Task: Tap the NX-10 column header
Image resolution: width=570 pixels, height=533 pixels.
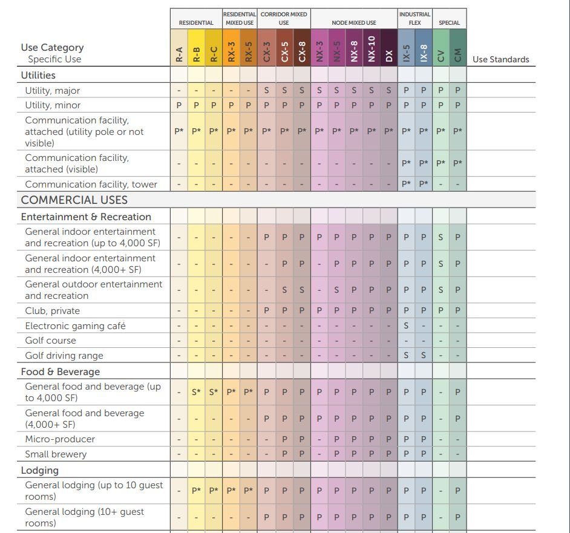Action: pyautogui.click(x=372, y=49)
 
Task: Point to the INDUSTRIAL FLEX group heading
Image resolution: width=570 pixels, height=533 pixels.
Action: pyautogui.click(x=414, y=18)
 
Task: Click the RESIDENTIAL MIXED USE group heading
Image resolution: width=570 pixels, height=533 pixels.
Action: pyautogui.click(x=240, y=18)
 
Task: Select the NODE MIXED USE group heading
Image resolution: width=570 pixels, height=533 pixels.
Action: pyautogui.click(x=354, y=23)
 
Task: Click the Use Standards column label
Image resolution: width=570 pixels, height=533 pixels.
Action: pyautogui.click(x=500, y=59)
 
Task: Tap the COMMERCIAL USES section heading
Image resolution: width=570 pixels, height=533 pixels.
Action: pyautogui.click(x=74, y=200)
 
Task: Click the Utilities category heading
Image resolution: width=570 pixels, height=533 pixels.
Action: pyautogui.click(x=38, y=75)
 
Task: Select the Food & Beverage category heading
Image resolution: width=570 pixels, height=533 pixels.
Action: pyautogui.click(x=61, y=371)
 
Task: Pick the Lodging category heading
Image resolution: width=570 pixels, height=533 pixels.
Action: pyautogui.click(x=40, y=470)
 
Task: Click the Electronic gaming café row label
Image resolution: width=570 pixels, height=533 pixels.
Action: pyautogui.click(x=75, y=325)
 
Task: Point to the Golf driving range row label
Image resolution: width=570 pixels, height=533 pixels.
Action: pyautogui.click(x=64, y=355)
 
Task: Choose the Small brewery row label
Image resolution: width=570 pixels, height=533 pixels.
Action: pyautogui.click(x=56, y=454)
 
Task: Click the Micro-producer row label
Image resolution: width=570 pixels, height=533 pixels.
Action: pyautogui.click(x=60, y=439)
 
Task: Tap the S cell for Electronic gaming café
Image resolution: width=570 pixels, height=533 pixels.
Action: pyautogui.click(x=406, y=325)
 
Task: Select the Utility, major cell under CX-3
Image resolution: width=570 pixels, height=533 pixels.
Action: pyautogui.click(x=267, y=90)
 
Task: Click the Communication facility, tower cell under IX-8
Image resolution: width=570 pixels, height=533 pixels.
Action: pyautogui.click(x=424, y=184)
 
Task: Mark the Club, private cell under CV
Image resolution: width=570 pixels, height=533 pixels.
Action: pyautogui.click(x=441, y=310)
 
